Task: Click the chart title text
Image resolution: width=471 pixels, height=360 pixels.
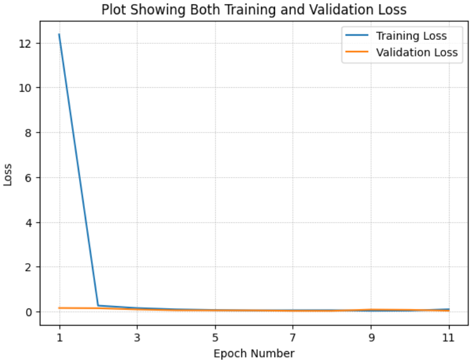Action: tap(254, 10)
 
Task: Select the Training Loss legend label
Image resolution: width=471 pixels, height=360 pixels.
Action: tap(411, 36)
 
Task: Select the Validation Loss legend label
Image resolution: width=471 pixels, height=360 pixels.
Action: tap(416, 52)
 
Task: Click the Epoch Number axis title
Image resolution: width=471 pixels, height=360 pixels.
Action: tap(254, 353)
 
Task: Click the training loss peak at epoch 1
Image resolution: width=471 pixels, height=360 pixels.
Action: tap(59, 34)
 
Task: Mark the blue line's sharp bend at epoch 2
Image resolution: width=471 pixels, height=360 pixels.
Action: tap(98, 305)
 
